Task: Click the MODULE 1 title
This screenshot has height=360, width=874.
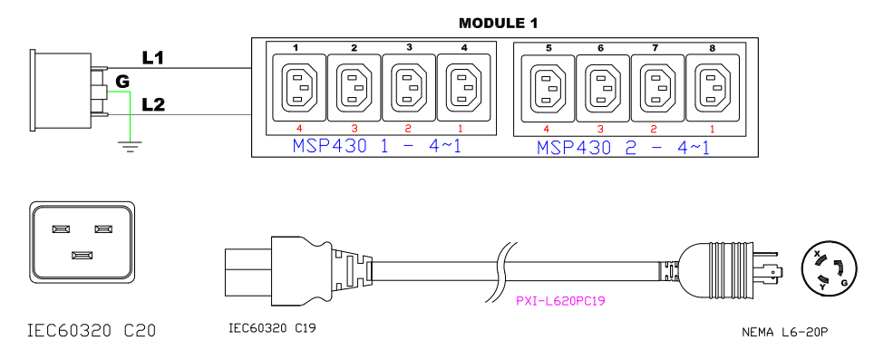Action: (498, 24)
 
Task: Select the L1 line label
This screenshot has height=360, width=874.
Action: (152, 57)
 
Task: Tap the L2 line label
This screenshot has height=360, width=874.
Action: (153, 104)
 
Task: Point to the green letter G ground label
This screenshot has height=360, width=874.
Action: (122, 82)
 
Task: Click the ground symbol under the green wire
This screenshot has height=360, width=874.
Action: (130, 146)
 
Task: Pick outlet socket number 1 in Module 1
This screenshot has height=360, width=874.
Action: (298, 87)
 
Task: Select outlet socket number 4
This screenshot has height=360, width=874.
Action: (464, 87)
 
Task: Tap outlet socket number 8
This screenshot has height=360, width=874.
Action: (713, 87)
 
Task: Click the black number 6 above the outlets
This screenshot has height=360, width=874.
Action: (600, 48)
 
